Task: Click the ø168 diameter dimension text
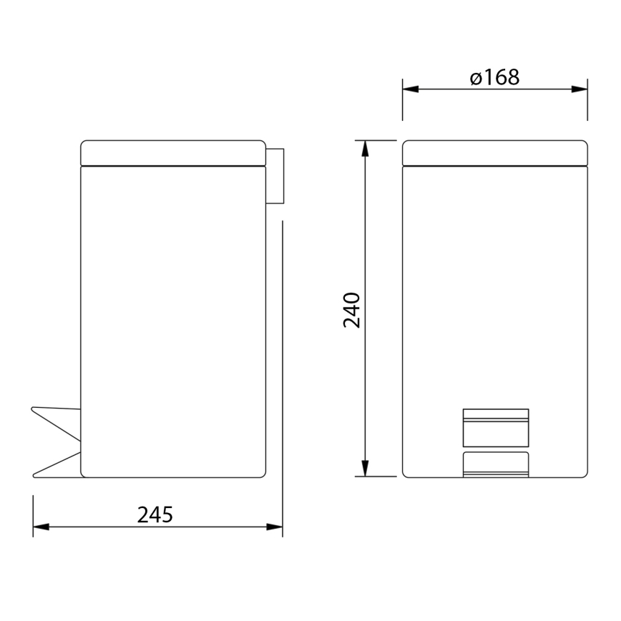click(x=495, y=77)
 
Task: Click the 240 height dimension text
click(x=352, y=309)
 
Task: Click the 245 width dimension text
click(x=155, y=514)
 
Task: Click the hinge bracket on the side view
click(x=275, y=175)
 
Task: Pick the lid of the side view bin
click(x=172, y=152)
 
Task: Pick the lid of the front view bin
click(x=494, y=152)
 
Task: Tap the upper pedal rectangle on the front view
click(x=495, y=426)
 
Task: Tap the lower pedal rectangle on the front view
click(x=495, y=464)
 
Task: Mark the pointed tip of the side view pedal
click(x=33, y=409)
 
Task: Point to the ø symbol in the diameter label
click(x=477, y=78)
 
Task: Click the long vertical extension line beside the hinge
click(x=283, y=358)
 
